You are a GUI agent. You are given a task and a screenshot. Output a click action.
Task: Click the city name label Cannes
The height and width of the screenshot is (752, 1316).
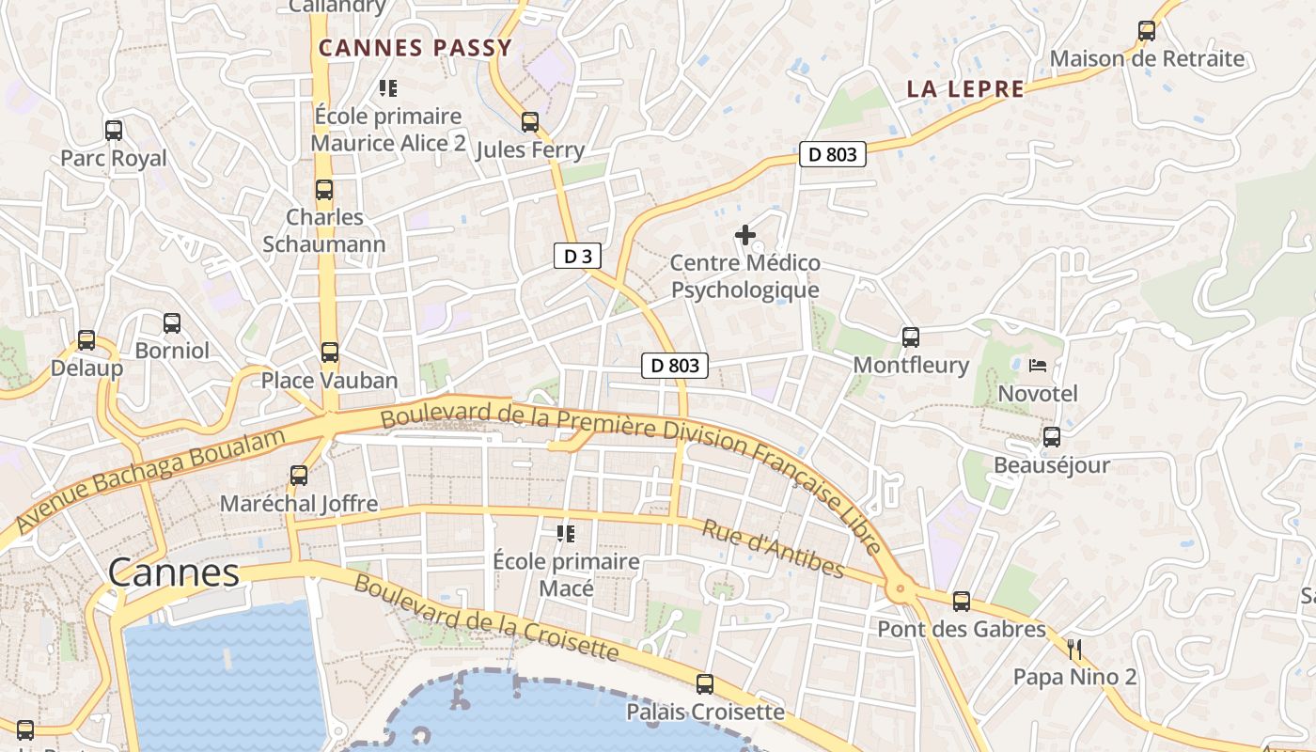(x=174, y=572)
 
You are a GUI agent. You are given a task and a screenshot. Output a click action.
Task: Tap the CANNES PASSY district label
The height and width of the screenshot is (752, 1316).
(x=415, y=48)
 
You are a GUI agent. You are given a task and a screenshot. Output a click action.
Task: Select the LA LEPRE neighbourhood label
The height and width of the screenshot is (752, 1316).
(x=965, y=89)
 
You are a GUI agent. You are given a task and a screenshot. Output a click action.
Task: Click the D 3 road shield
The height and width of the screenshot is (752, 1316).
(x=577, y=256)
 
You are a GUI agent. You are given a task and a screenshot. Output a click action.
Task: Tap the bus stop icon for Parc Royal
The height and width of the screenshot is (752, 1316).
(x=114, y=131)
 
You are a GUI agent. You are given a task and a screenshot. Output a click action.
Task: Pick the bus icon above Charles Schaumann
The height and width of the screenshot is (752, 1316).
(x=324, y=190)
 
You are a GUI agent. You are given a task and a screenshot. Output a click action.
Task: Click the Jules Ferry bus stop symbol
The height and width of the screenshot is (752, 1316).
(x=530, y=122)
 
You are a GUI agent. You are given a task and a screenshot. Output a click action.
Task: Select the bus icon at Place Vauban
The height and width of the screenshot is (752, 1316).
(x=329, y=352)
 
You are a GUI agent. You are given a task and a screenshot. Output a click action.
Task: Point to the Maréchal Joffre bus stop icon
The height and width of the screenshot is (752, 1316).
(x=299, y=476)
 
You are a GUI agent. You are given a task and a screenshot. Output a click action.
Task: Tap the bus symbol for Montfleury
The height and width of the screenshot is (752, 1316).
(x=910, y=337)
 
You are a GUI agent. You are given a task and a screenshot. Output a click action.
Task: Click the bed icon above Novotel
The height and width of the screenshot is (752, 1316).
(x=1038, y=366)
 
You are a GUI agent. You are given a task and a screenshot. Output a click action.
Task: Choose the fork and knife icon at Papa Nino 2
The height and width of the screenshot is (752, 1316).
(x=1074, y=649)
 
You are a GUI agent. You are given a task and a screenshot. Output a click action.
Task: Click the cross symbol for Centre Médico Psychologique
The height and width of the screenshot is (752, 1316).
(x=745, y=235)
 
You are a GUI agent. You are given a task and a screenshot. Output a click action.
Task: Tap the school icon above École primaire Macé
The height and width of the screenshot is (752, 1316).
(x=566, y=534)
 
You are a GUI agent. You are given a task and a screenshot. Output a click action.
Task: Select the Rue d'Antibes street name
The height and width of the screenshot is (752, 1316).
(x=773, y=548)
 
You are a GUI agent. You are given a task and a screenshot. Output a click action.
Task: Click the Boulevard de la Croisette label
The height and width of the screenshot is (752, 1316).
(x=487, y=618)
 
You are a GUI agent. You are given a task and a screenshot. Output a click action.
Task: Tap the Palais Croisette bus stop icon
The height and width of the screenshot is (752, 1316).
(x=705, y=684)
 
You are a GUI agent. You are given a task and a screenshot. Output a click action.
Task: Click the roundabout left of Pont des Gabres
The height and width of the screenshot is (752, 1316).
(x=901, y=590)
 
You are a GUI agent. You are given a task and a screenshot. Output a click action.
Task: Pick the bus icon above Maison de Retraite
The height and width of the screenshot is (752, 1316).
(x=1147, y=31)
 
